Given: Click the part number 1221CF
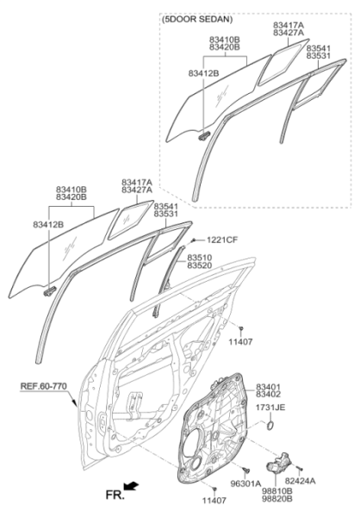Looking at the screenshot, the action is click(x=222, y=240).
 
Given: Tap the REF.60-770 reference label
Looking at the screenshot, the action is click(x=44, y=386).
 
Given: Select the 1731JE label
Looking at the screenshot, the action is click(x=270, y=408).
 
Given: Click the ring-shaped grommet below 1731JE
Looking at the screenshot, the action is click(x=270, y=426).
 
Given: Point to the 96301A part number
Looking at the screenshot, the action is click(x=245, y=483).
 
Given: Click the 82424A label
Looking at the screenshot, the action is click(x=301, y=481).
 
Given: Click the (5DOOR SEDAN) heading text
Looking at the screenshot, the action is click(x=197, y=20).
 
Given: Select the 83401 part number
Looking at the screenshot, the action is click(x=269, y=387).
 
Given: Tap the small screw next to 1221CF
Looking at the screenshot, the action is click(x=195, y=240).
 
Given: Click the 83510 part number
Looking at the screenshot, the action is click(x=200, y=258).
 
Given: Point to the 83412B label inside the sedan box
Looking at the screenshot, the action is click(x=204, y=73).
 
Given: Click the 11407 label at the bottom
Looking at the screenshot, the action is click(x=214, y=500).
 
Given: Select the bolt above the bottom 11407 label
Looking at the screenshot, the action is click(x=214, y=489).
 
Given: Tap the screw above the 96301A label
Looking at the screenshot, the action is click(x=245, y=470).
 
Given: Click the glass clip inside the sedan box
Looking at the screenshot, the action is click(x=204, y=135).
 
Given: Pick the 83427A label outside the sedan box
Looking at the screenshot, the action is click(x=137, y=190).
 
